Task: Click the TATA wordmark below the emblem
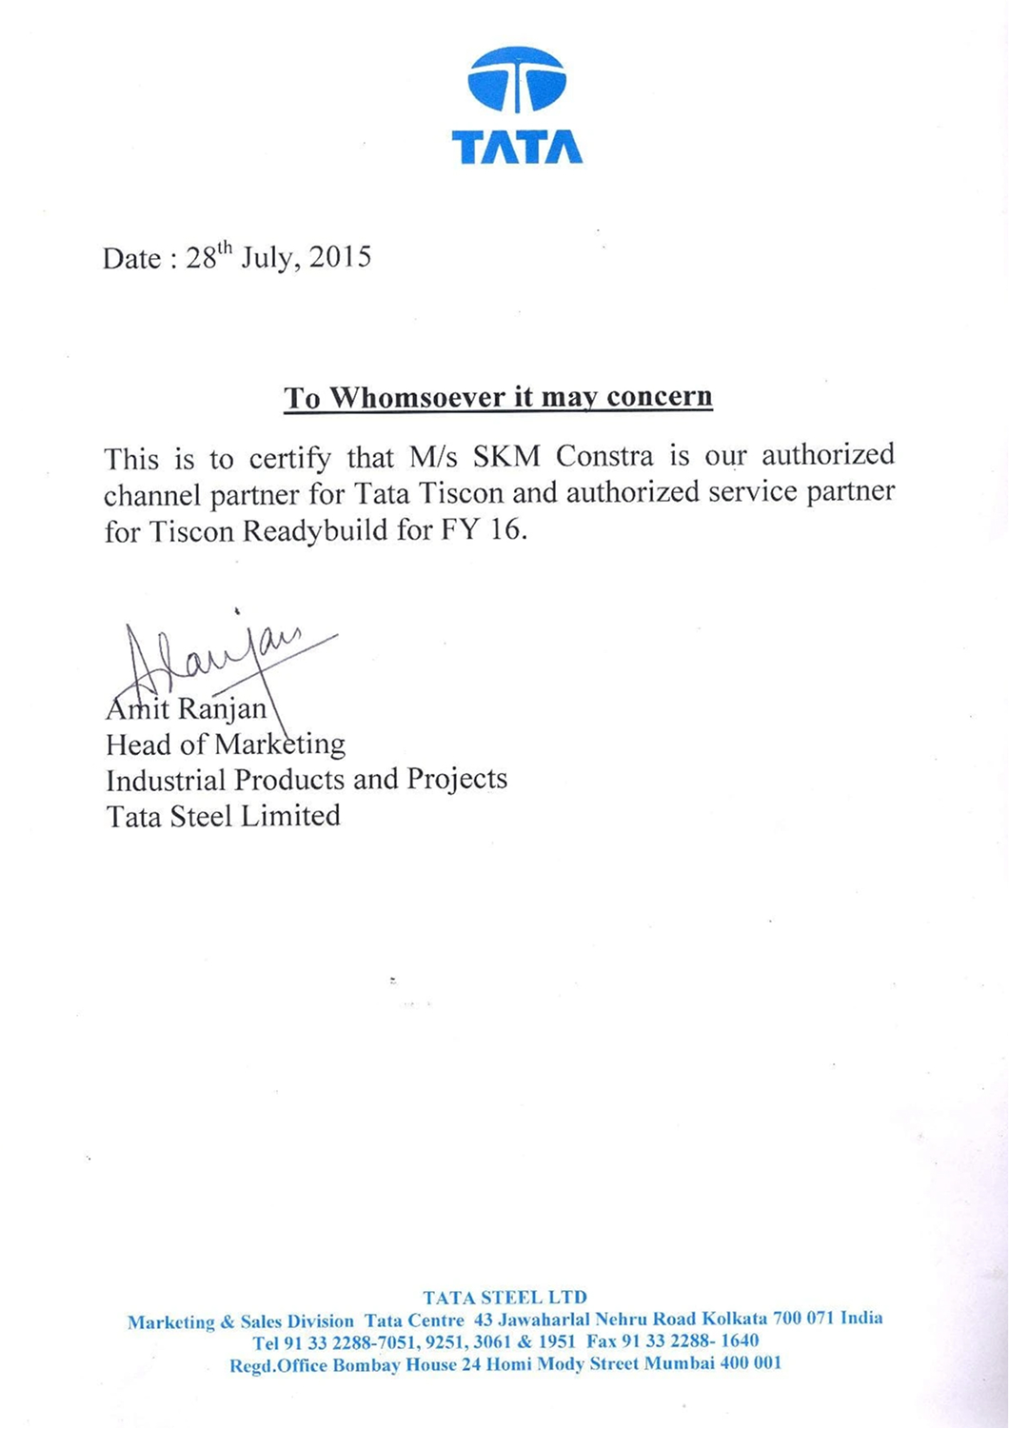pos(517,148)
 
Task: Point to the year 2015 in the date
pos(340,258)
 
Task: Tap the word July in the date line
pos(267,258)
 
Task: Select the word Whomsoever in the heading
pos(418,397)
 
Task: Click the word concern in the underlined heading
pos(659,397)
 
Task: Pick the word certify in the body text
pos(290,459)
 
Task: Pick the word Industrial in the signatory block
pos(167,781)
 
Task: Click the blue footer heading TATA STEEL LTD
pos(504,1297)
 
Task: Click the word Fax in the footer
pos(601,1341)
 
